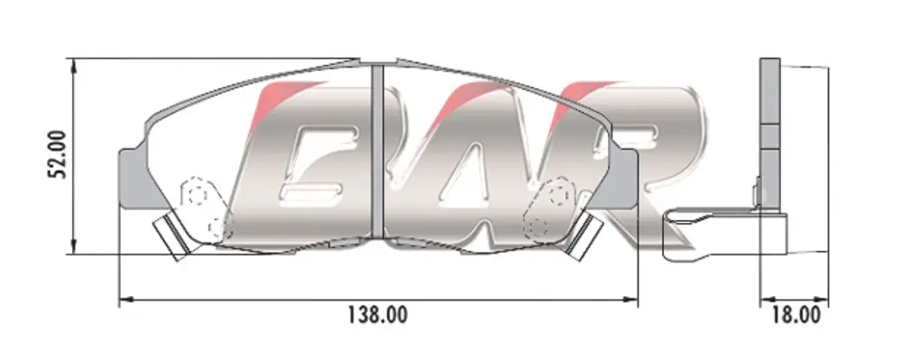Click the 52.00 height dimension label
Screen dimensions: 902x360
point(58,154)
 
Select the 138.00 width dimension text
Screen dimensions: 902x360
point(377,315)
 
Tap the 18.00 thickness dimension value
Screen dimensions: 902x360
point(797,315)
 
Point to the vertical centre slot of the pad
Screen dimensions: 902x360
point(377,151)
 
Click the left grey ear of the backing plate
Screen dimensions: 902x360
point(133,179)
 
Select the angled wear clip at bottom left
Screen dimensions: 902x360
point(174,235)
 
